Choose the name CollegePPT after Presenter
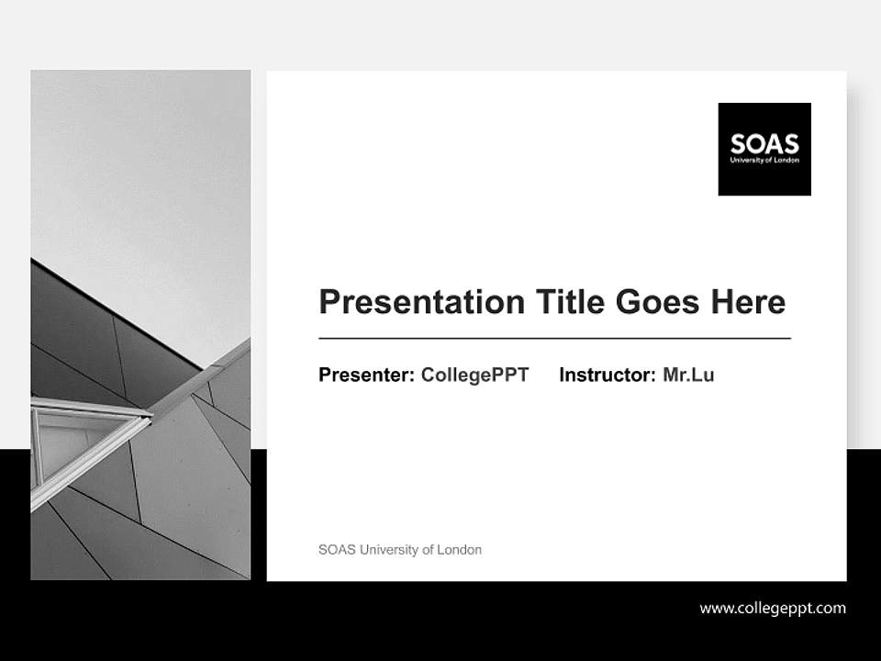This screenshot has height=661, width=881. pyautogui.click(x=474, y=375)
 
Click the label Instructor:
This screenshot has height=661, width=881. pyautogui.click(x=608, y=375)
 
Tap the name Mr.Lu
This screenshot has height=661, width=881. pyautogui.click(x=688, y=375)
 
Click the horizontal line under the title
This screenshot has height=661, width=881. pyautogui.click(x=554, y=339)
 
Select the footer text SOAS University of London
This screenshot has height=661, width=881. pyautogui.click(x=400, y=550)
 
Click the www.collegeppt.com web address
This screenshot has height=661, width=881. pyautogui.click(x=773, y=608)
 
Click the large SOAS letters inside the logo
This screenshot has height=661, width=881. pyautogui.click(x=764, y=144)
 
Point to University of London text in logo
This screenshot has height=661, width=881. pyautogui.click(x=764, y=160)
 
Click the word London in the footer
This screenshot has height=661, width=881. pyautogui.click(x=460, y=550)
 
